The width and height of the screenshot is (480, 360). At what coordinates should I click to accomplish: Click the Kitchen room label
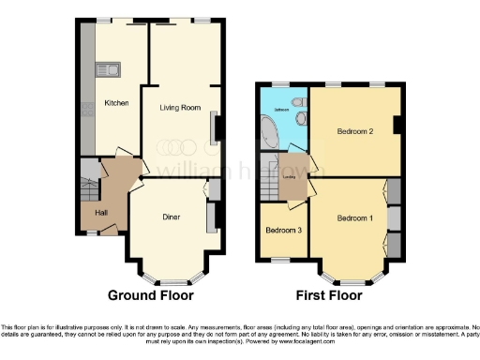(x=116, y=102)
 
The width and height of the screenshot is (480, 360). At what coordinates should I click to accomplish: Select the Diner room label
(x=171, y=217)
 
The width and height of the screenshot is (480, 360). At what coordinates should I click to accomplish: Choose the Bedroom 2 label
(x=355, y=131)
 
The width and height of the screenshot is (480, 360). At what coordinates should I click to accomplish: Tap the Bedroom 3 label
(x=282, y=230)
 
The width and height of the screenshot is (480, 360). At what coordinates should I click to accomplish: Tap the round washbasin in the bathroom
(x=301, y=119)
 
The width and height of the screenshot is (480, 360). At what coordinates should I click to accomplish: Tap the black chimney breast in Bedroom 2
(x=399, y=125)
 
